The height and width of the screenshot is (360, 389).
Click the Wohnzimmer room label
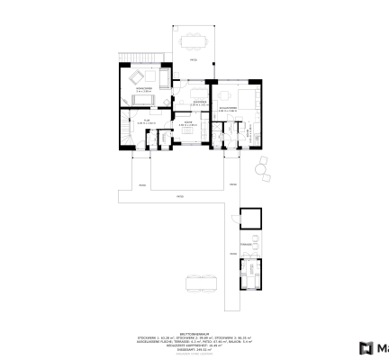[x=143, y=88]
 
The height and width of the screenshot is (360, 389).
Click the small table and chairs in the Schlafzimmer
[x=222, y=96]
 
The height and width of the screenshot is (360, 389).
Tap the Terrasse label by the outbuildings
[x=244, y=243]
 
